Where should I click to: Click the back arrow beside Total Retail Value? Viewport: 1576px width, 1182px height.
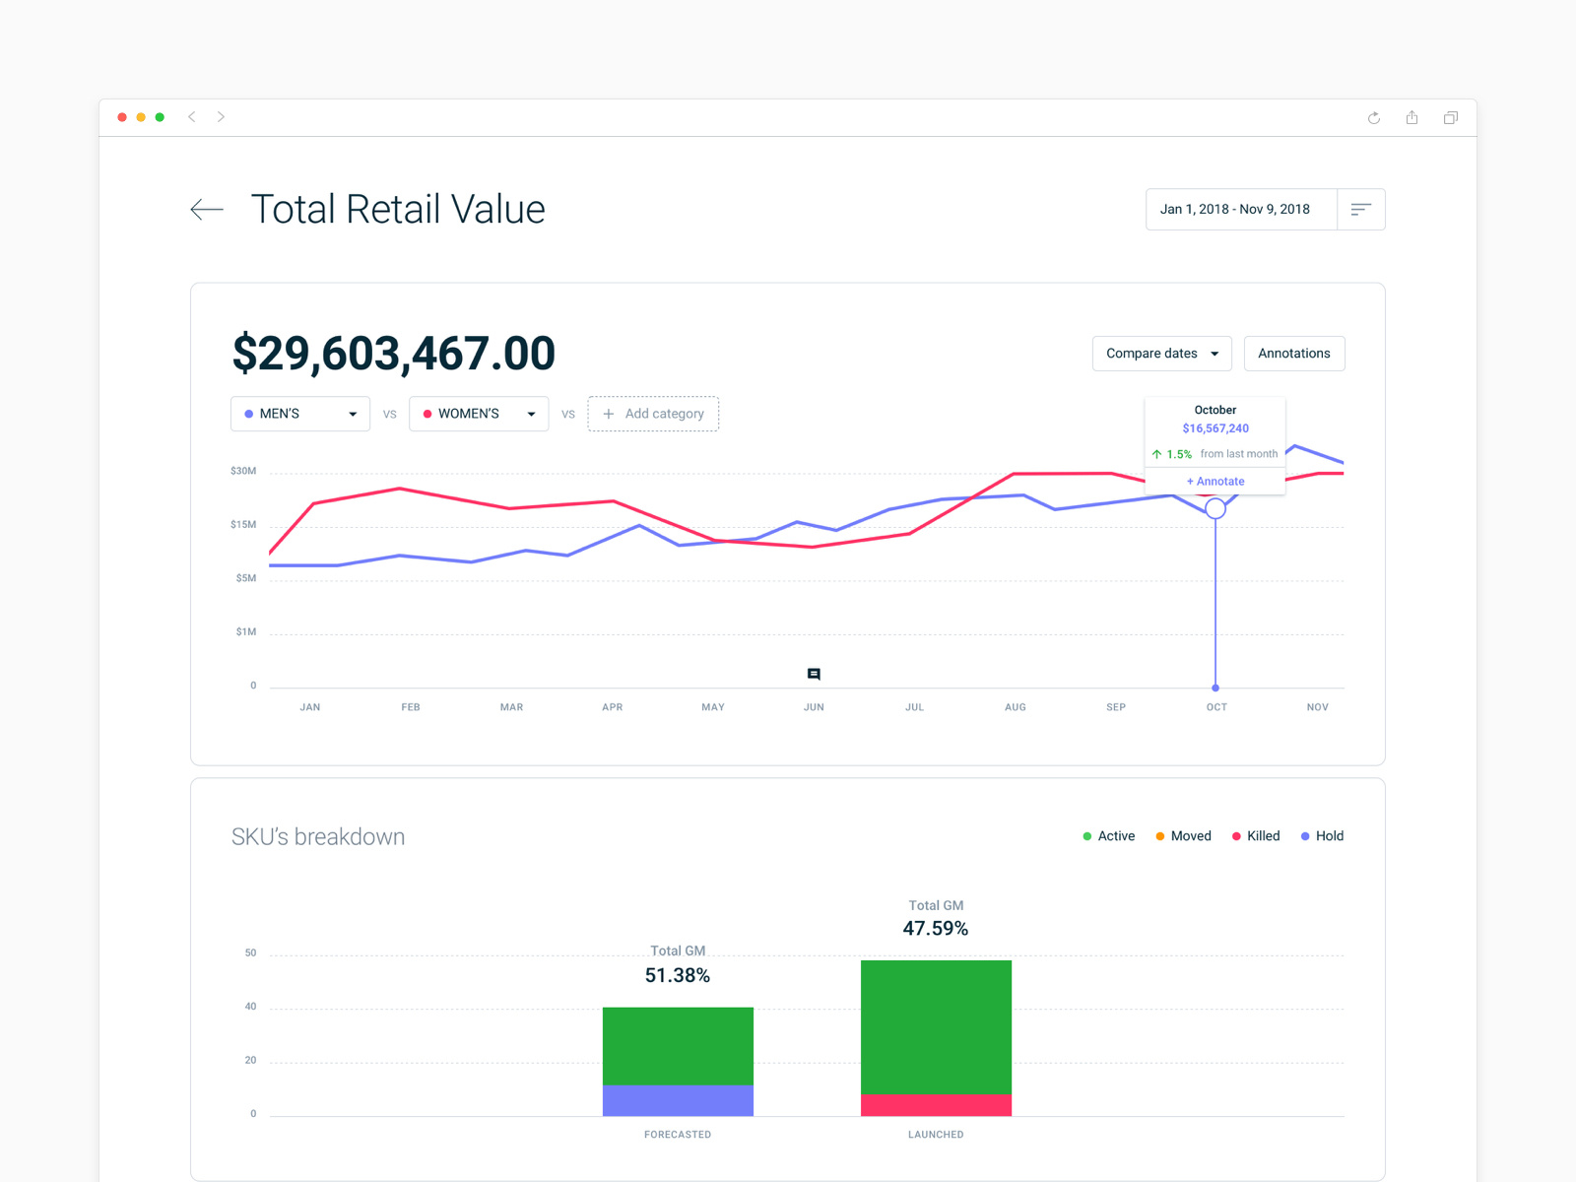click(207, 209)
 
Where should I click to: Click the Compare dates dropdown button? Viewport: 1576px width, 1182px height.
click(1161, 354)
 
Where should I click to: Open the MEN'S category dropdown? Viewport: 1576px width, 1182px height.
click(300, 414)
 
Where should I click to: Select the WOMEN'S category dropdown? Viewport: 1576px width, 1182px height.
click(479, 414)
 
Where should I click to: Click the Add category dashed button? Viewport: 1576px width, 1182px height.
click(653, 414)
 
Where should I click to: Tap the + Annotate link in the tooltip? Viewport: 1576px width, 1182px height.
click(1215, 482)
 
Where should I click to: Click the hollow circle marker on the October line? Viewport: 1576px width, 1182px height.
click(1215, 508)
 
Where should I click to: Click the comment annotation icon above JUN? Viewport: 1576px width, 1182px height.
click(814, 675)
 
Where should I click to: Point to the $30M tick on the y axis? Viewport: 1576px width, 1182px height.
click(243, 471)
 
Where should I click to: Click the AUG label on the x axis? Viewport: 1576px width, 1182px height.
click(1016, 707)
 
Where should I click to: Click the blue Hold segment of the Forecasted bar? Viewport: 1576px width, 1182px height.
click(678, 1100)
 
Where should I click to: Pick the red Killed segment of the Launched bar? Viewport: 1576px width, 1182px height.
click(936, 1105)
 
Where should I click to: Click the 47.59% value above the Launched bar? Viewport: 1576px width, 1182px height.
click(936, 929)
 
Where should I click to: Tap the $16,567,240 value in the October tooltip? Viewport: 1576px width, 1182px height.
click(1215, 428)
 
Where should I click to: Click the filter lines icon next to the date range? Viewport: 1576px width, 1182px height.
click(1361, 210)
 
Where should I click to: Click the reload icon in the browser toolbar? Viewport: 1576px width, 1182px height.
click(1374, 118)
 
